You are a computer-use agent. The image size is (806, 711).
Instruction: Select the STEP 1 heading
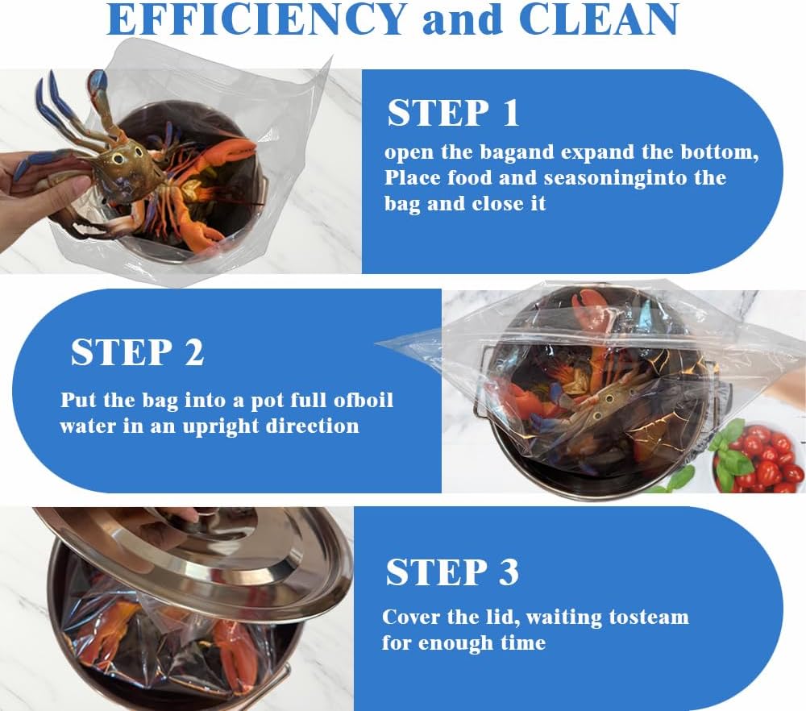tap(454, 114)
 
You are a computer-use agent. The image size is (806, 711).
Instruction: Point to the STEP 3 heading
tap(452, 572)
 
